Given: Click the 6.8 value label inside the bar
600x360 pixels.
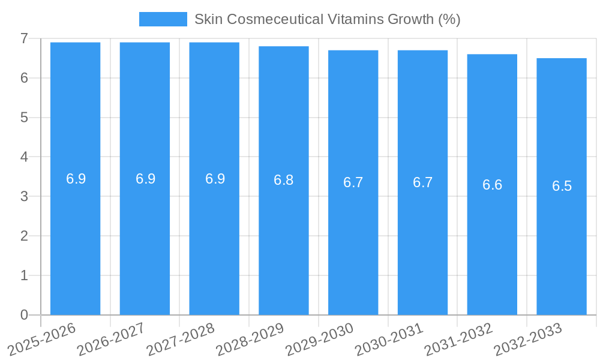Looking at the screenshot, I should click(x=284, y=180).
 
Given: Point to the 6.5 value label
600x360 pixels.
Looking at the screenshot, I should click(x=562, y=186).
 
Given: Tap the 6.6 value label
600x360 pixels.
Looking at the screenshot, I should click(x=492, y=185).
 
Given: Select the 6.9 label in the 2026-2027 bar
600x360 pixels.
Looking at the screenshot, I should click(x=145, y=179).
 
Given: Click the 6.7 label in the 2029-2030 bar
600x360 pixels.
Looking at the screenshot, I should click(x=353, y=182).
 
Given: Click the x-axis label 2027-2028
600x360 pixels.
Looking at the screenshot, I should click(x=180, y=340).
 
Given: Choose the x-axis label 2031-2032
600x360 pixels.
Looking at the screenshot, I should click(x=458, y=340).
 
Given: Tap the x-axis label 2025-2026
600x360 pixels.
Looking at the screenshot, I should click(x=41, y=340).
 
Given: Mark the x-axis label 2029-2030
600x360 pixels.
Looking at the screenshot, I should click(x=319, y=340).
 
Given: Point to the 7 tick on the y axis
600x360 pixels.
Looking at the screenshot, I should click(x=24, y=38).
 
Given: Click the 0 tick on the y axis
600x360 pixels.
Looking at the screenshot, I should click(x=24, y=315).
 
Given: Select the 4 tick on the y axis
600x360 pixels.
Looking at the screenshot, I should click(x=24, y=157).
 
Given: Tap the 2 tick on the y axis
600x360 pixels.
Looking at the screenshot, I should click(x=24, y=236).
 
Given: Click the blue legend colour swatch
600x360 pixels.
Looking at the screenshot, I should click(x=163, y=19).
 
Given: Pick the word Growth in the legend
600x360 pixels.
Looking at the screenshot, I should click(x=410, y=19).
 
